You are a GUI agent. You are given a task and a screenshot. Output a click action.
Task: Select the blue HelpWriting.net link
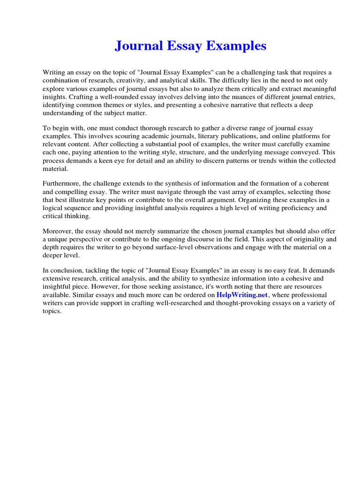242,295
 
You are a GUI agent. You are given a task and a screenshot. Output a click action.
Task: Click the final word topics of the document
52,311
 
